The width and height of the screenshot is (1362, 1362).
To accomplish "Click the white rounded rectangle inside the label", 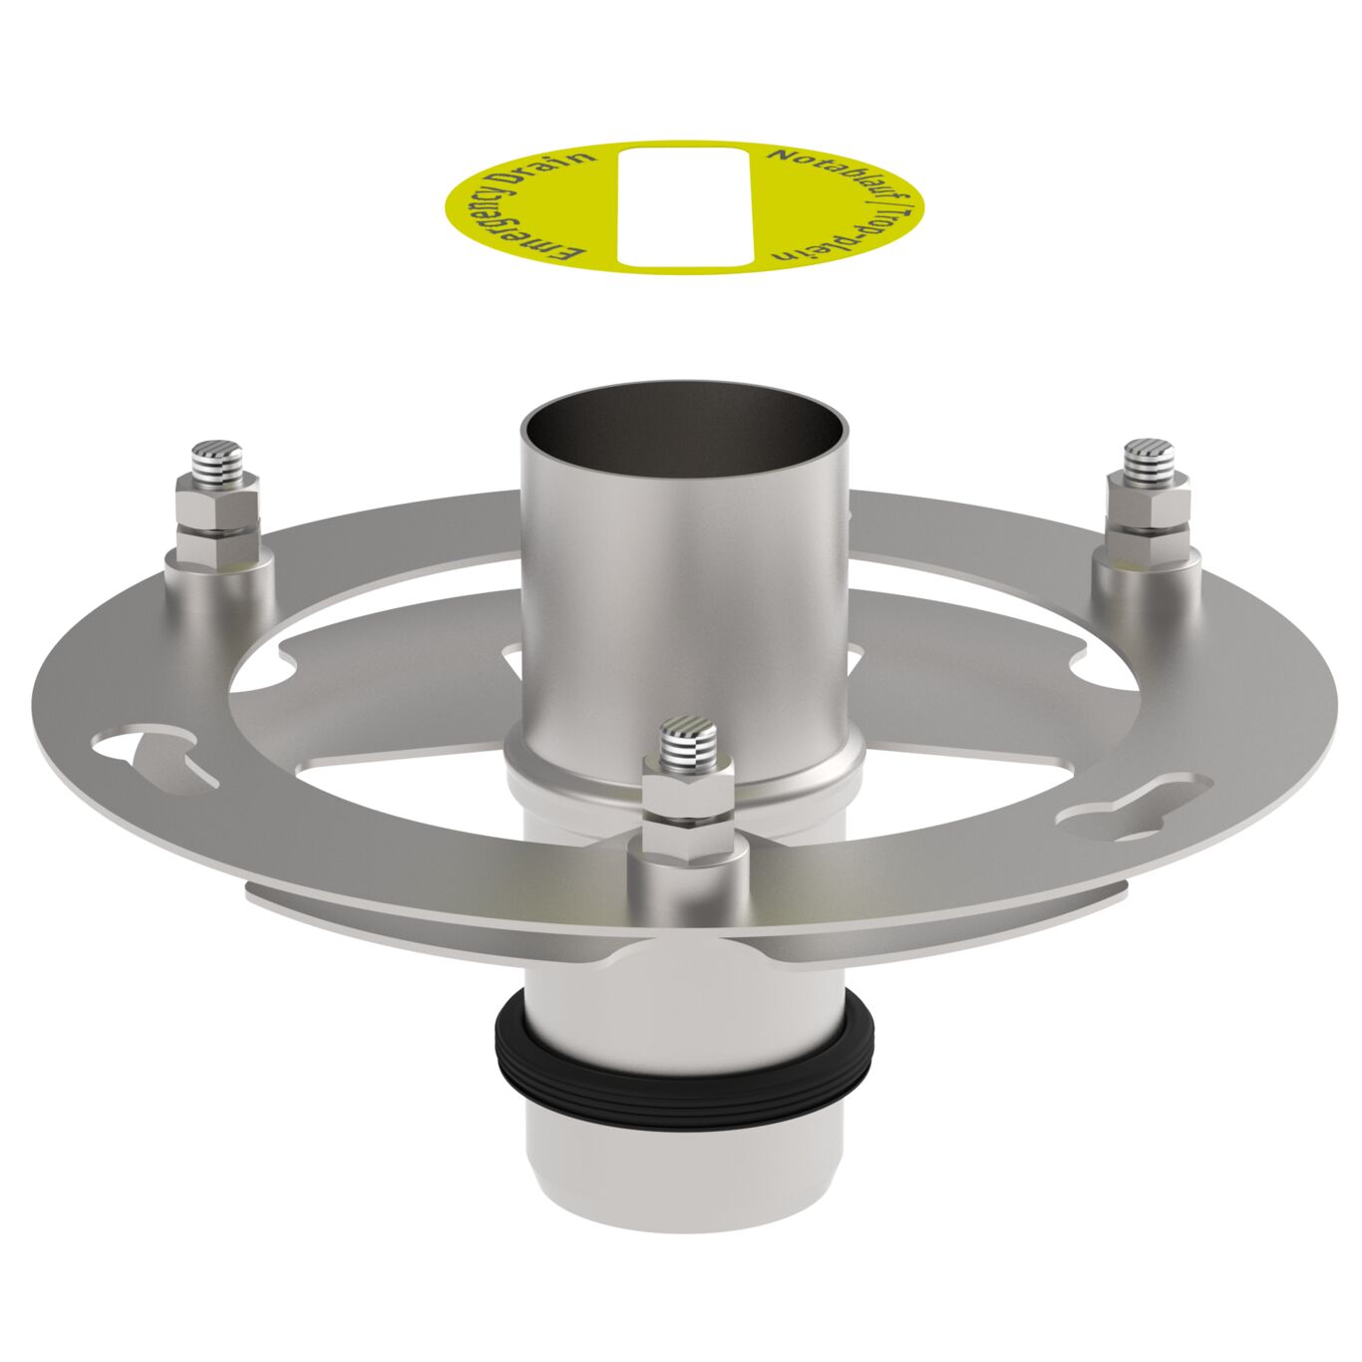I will (683, 207).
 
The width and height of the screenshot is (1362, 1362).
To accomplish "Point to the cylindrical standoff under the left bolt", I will (220, 583).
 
